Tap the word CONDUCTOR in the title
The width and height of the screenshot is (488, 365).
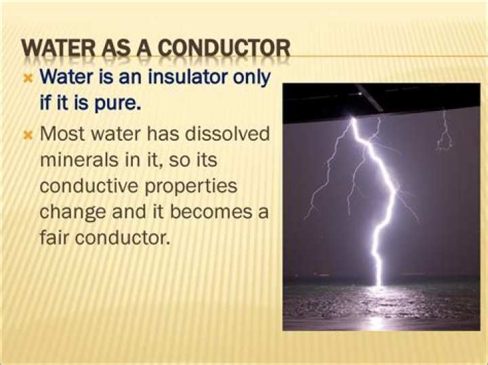click(224, 48)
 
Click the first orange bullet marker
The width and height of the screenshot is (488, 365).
click(28, 79)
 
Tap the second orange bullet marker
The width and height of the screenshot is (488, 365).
click(28, 135)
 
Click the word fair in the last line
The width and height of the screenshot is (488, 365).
click(54, 238)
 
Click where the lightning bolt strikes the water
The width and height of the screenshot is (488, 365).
click(379, 285)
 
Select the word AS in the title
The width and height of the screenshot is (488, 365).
click(116, 48)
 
